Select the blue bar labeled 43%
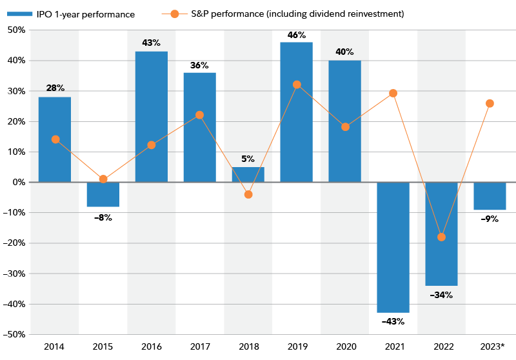tap(151, 116)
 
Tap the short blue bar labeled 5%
tap(248, 174)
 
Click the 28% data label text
tap(55, 88)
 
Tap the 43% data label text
tap(151, 43)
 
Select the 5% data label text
tap(248, 159)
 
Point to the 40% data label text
tap(344, 52)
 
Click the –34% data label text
tap(441, 295)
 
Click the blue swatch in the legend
tap(20, 14)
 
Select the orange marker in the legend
tap(175, 14)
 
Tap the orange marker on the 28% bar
tap(55, 139)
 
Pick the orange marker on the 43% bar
tap(151, 145)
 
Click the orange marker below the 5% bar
tap(248, 194)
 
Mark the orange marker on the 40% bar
tap(345, 127)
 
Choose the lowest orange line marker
tap(441, 237)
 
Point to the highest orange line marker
tap(297, 85)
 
